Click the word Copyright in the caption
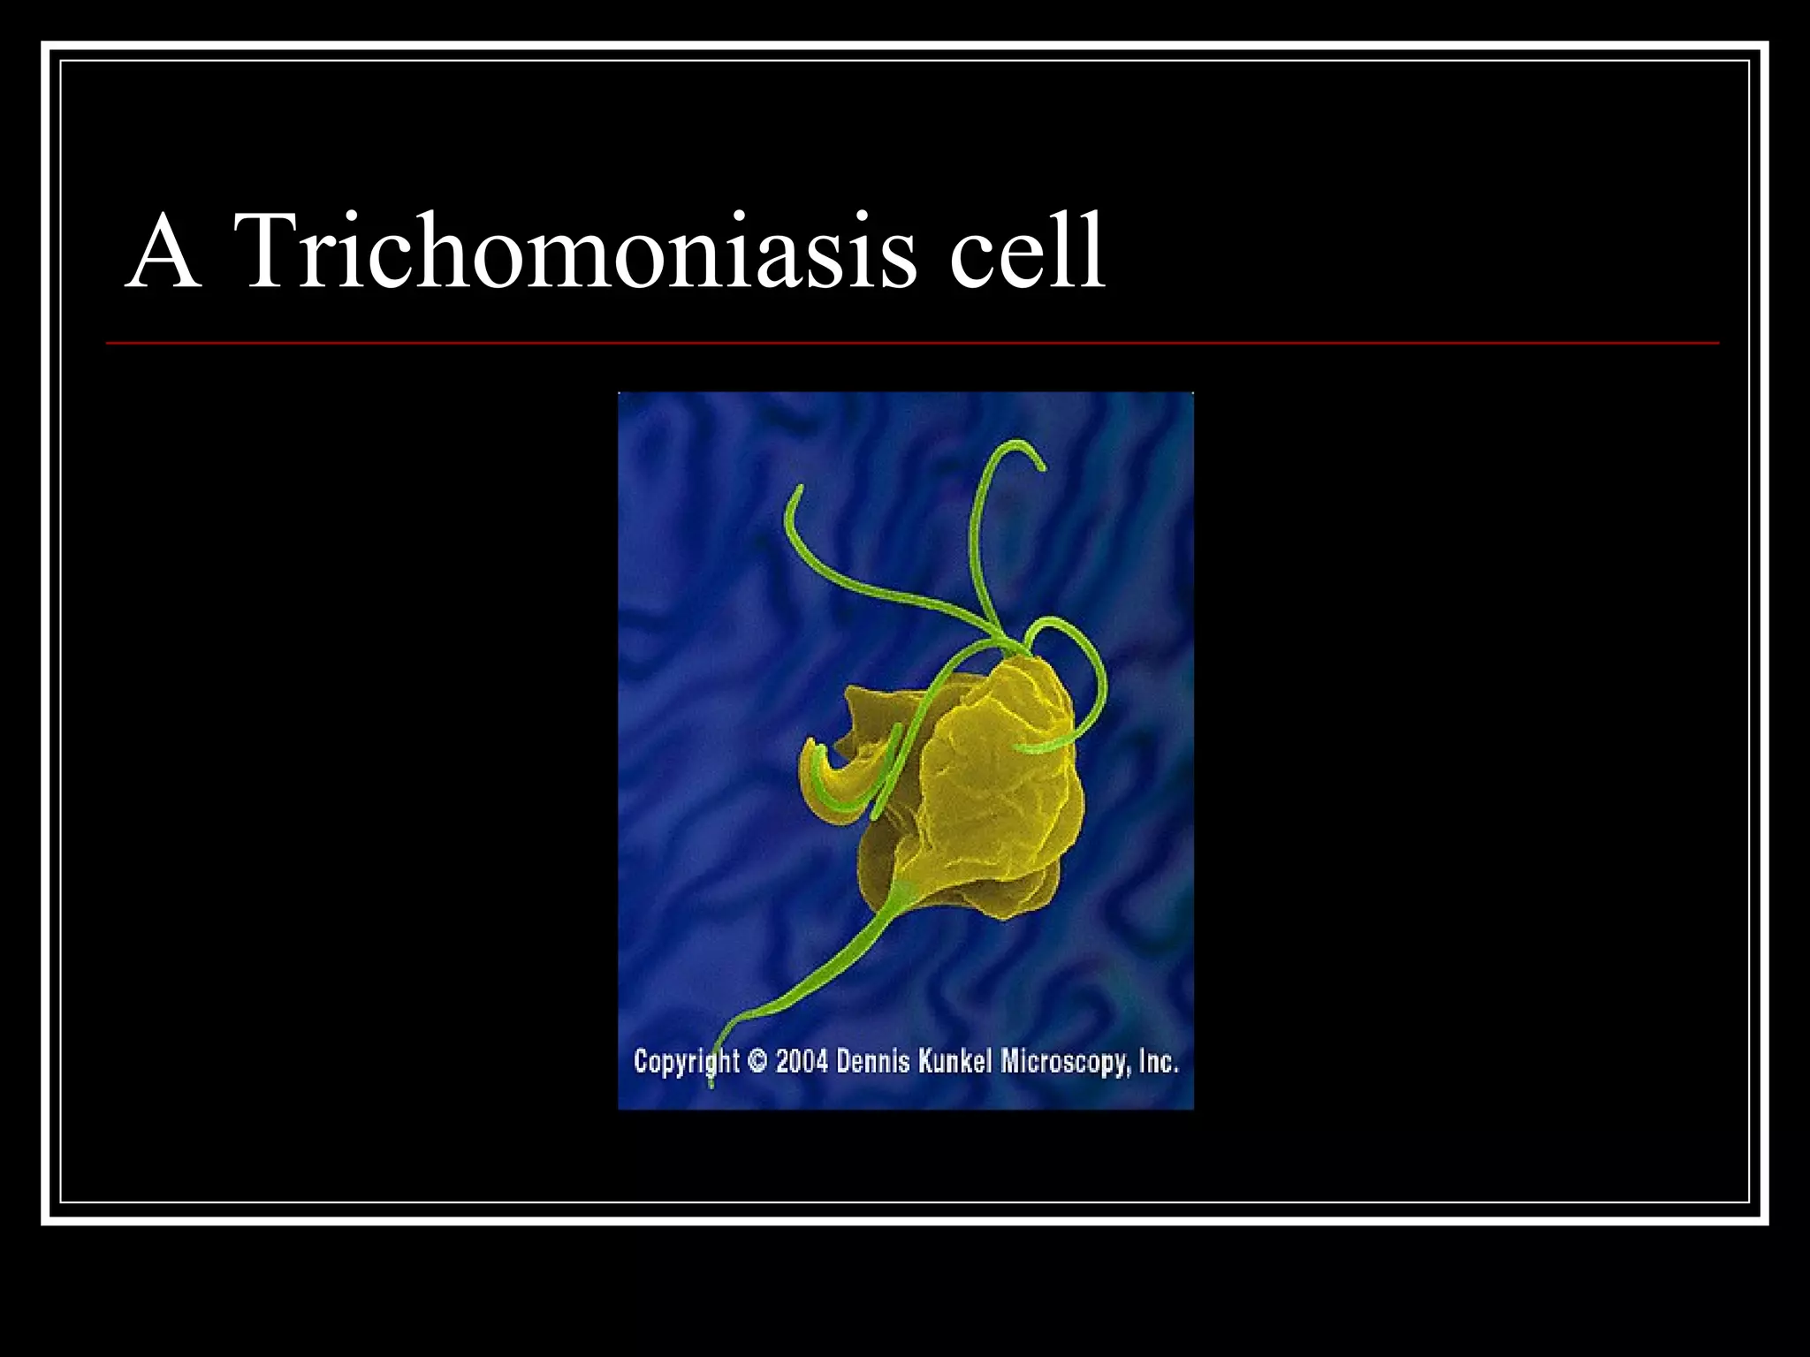[686, 1060]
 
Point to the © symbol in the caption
[757, 1060]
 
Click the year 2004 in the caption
[802, 1060]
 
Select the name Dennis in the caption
[872, 1060]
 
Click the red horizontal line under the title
[910, 343]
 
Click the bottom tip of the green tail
[712, 1083]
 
